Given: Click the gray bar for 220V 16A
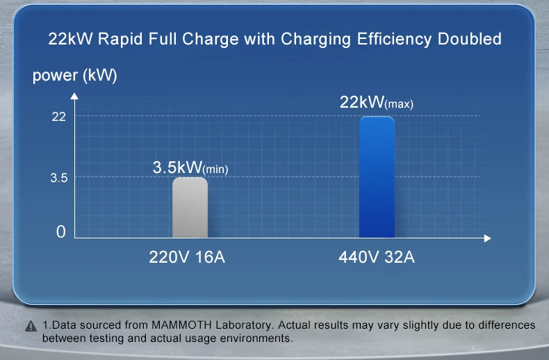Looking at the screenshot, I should point(190,208).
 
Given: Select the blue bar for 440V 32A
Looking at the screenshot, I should point(377,178).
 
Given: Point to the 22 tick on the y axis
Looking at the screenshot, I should point(59,116).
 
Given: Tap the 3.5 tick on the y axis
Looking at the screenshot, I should point(58,177).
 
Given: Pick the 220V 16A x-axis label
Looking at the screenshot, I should point(188,258).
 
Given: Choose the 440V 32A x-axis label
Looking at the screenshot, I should point(376,258).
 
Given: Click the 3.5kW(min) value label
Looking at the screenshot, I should point(190,168).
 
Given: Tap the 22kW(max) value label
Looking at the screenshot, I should point(376,103).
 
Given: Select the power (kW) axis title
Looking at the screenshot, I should point(75,76).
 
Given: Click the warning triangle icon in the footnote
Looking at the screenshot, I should point(30,327).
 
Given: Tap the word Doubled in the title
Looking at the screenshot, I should point(470,39).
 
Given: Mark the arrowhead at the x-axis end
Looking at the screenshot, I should point(487,239).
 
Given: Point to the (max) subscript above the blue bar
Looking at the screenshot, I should point(400,105).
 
